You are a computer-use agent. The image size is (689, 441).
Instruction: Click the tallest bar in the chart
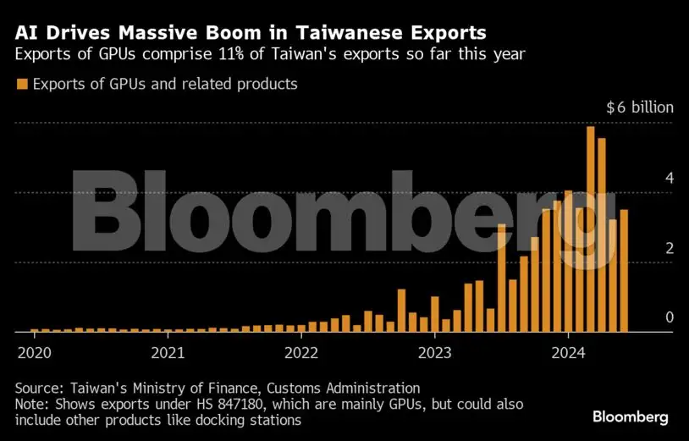point(591,229)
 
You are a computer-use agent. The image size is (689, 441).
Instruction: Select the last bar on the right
point(624,271)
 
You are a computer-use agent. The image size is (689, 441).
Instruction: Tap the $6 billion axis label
point(640,107)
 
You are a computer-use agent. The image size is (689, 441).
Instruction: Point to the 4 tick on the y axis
point(669,179)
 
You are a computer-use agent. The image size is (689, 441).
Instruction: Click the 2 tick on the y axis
point(669,248)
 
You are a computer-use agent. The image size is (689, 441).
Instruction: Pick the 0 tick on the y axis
point(669,317)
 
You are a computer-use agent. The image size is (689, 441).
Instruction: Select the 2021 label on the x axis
point(168,351)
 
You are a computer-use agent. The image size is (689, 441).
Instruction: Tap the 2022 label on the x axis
point(301,351)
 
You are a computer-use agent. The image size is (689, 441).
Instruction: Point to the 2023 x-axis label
point(435,351)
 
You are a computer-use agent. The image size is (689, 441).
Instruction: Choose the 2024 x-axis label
point(569,351)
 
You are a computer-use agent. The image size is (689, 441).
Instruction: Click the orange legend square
point(22,84)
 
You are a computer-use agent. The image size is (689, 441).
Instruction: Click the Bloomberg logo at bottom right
point(631,416)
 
